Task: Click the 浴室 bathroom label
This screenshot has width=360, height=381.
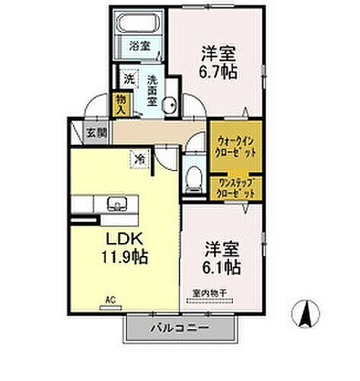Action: pos(139,46)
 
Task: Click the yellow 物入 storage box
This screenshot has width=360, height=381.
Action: pos(120,103)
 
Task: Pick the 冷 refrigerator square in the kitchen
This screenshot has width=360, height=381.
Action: pos(140,159)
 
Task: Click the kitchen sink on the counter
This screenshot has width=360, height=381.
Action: pos(116,203)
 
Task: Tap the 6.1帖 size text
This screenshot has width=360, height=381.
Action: pos(222,267)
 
